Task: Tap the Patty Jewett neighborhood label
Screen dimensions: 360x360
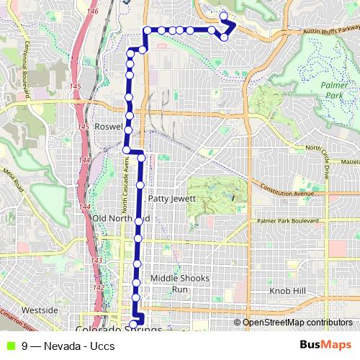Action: click(x=171, y=198)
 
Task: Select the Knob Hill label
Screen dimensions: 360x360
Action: click(x=288, y=290)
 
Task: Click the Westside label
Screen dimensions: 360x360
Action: click(x=40, y=310)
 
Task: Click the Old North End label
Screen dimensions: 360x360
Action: click(x=120, y=218)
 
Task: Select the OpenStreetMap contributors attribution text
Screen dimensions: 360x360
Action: click(x=297, y=323)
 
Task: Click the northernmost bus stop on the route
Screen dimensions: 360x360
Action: click(x=223, y=16)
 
